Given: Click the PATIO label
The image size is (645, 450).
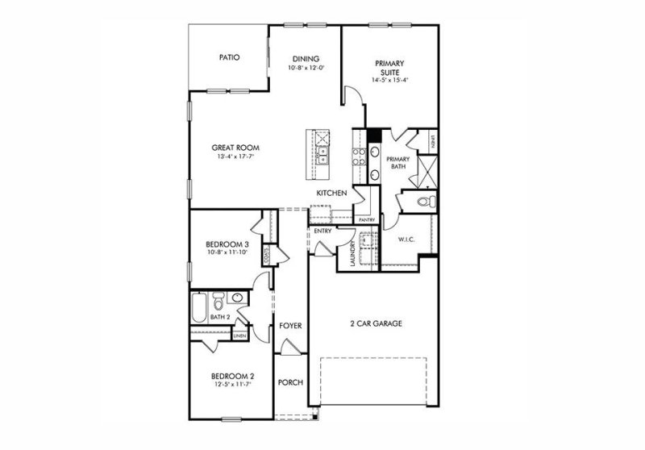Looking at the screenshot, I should pyautogui.click(x=231, y=58).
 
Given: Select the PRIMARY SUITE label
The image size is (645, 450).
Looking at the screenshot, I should pyautogui.click(x=389, y=67).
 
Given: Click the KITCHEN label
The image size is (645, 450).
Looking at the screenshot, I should pyautogui.click(x=331, y=194).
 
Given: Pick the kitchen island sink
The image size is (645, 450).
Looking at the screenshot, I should pyautogui.click(x=321, y=151).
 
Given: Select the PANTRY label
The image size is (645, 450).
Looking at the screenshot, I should pyautogui.click(x=367, y=219).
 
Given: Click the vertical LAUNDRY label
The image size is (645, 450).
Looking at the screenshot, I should pyautogui.click(x=353, y=256).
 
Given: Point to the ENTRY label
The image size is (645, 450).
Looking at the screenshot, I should pyautogui.click(x=323, y=232).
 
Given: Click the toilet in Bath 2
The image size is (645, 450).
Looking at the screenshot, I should pyautogui.click(x=218, y=304).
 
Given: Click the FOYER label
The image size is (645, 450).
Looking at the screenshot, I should pyautogui.click(x=290, y=326).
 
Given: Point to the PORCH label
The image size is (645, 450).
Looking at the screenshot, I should pyautogui.click(x=290, y=381).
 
